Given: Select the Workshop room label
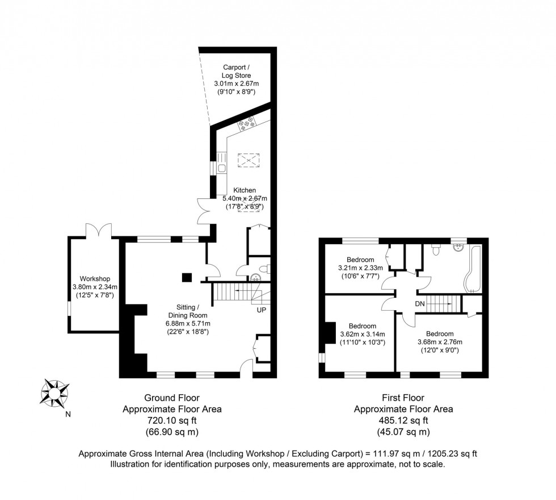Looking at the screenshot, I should click(94, 279).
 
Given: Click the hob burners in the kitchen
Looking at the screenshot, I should click(248, 122).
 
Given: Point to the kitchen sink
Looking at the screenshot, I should click(221, 168).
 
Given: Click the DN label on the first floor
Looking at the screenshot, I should click(420, 304).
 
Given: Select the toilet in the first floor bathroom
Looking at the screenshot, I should click(436, 249).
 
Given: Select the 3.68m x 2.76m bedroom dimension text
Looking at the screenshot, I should click(440, 342).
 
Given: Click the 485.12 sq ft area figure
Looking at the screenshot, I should click(403, 420).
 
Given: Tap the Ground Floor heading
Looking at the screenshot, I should click(172, 398).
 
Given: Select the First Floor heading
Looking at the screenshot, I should click(403, 398).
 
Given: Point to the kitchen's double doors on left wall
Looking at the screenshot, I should click(203, 210).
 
